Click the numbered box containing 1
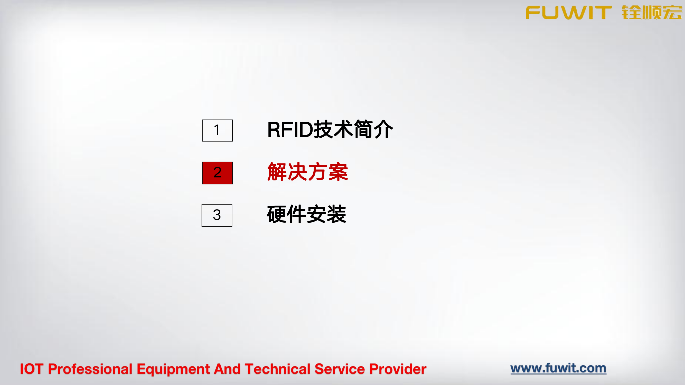(217, 130)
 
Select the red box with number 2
(217, 173)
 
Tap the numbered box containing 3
(217, 215)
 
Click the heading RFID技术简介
(330, 129)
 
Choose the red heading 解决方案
(307, 172)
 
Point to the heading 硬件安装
(307, 214)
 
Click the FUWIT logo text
(569, 13)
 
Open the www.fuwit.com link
(558, 368)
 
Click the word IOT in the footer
(32, 369)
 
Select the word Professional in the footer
(90, 369)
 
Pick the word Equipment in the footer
(173, 369)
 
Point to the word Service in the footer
(340, 369)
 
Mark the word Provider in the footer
(398, 369)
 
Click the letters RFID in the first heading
(290, 130)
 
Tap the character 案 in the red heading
(338, 172)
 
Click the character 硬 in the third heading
(277, 214)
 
